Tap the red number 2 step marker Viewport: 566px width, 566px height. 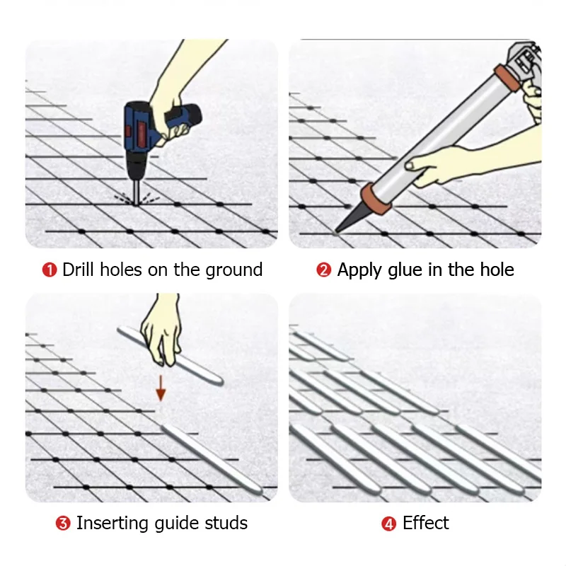coord(324,270)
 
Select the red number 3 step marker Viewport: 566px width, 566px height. coord(63,524)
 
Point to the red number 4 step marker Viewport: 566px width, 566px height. coord(389,524)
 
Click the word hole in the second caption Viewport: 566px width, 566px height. coord(497,270)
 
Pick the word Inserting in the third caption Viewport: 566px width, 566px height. coord(110,524)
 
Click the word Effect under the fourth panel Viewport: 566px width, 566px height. coord(426,524)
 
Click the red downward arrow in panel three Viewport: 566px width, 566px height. coord(161,388)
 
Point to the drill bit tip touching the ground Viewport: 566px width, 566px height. coord(134,200)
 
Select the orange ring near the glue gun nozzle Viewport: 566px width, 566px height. coord(375,198)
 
